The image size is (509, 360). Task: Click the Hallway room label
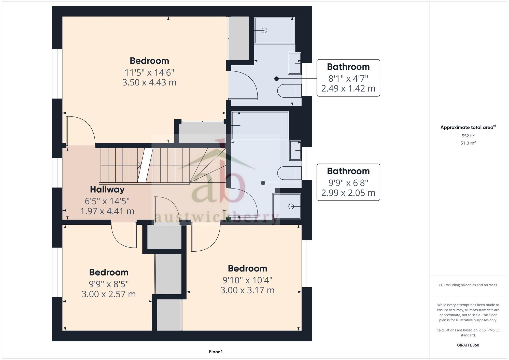click(107, 189)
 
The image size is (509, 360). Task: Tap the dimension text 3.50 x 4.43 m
click(149, 82)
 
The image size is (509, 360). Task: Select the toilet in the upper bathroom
click(289, 91)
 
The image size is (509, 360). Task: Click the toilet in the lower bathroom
click(289, 173)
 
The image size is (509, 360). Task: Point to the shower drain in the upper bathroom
click(264, 31)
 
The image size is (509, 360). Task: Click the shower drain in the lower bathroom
click(291, 206)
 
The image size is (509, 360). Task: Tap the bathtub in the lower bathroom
click(260, 125)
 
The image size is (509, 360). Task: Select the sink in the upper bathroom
click(294, 63)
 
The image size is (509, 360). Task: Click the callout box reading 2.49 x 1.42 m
click(348, 78)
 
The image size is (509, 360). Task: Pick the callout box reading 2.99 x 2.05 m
click(348, 182)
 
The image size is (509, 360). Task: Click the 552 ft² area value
click(468, 136)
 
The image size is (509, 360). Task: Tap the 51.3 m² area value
click(468, 143)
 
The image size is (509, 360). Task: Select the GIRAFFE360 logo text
click(468, 345)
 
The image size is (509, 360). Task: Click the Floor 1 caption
click(216, 352)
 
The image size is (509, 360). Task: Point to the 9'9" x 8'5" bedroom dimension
click(109, 283)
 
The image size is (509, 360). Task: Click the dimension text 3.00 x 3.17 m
click(247, 290)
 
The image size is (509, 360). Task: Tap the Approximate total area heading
click(468, 127)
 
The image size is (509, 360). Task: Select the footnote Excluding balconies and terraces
click(468, 285)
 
